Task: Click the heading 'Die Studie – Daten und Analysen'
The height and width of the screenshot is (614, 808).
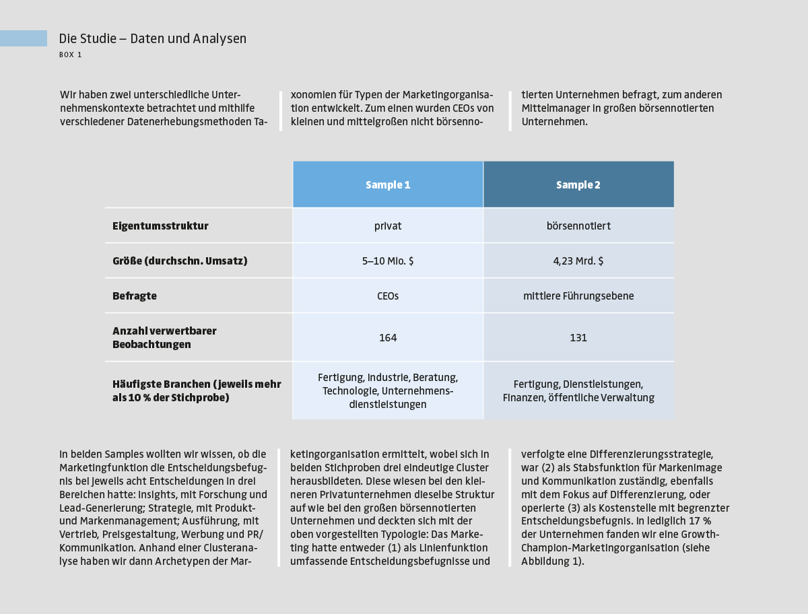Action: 153,39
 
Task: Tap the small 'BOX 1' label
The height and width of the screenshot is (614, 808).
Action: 71,55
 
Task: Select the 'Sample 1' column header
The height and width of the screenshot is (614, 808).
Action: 388,185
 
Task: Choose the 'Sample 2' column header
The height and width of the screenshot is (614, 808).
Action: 578,185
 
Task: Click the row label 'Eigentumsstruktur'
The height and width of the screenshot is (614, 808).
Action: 160,226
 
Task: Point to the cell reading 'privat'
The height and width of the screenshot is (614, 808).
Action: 388,226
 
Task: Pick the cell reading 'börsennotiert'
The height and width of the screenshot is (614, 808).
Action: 578,226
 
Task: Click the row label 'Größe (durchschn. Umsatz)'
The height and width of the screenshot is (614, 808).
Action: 180,261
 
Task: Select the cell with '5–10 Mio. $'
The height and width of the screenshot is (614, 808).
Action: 388,261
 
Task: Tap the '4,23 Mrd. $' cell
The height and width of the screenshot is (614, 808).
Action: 578,261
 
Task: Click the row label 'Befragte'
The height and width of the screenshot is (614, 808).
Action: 135,296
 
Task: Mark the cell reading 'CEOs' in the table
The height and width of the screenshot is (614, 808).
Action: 388,296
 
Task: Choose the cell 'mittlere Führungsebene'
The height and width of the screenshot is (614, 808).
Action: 578,296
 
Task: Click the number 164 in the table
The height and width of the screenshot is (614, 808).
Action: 388,338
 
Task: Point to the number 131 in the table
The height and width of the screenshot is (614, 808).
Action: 578,338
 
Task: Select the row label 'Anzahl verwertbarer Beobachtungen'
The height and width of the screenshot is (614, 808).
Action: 164,338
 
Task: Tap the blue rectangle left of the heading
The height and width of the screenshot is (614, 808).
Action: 24,38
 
